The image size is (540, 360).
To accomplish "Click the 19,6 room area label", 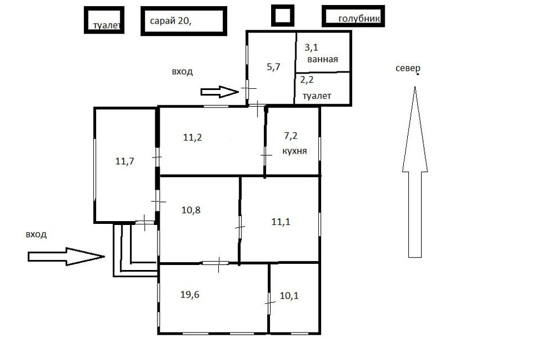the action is pyautogui.click(x=190, y=295).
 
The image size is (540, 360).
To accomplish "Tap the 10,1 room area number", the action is pyautogui.click(x=289, y=295).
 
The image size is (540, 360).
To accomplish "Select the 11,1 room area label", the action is pyautogui.click(x=281, y=222).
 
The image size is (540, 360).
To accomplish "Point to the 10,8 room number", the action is pyautogui.click(x=191, y=210).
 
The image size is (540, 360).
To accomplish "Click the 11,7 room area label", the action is pyautogui.click(x=125, y=161).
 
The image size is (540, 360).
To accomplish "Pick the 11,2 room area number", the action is pyautogui.click(x=192, y=137).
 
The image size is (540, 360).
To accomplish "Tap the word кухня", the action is pyautogui.click(x=294, y=151).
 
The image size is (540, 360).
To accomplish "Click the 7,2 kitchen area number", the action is pyautogui.click(x=290, y=136).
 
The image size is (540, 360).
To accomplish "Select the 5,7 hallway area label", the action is pyautogui.click(x=273, y=67).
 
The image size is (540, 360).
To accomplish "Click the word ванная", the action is pyautogui.click(x=323, y=59).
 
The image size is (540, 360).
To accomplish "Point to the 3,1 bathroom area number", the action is pyautogui.click(x=311, y=48).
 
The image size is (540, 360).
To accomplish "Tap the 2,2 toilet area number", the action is pyautogui.click(x=307, y=80).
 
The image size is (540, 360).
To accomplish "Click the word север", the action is pyautogui.click(x=408, y=69).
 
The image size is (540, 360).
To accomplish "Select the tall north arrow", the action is pyautogui.click(x=415, y=172).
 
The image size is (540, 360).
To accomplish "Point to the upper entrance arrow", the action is pyautogui.click(x=220, y=92).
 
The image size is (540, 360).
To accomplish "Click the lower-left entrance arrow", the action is pyautogui.click(x=66, y=256).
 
